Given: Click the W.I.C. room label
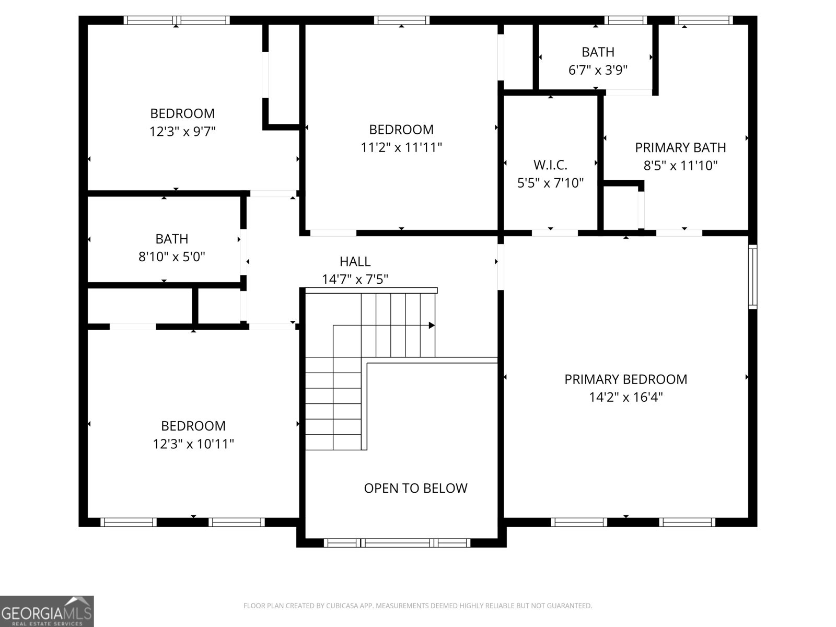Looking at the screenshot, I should [x=550, y=165].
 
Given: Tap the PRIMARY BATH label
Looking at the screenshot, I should [x=680, y=147].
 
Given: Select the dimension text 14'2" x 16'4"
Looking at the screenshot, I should [x=625, y=397].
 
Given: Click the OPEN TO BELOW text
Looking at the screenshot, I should [x=415, y=488].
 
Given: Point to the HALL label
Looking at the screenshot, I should [x=355, y=261].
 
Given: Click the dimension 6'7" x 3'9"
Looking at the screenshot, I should [x=598, y=69].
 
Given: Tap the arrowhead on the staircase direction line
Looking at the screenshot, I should [x=432, y=326].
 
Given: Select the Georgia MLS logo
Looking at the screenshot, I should [x=47, y=611].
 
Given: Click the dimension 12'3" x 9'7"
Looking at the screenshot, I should [x=182, y=131].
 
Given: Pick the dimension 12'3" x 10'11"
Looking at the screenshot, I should [x=193, y=444].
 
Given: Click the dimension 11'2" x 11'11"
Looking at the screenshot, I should [x=401, y=147].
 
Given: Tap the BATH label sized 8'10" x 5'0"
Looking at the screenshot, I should [x=171, y=239].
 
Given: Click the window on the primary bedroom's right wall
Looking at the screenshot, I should [x=752, y=276].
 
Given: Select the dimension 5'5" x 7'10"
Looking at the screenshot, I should [x=550, y=183].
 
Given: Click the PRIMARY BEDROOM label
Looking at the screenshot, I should [x=625, y=379].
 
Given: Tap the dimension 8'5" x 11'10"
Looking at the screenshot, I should [x=680, y=166].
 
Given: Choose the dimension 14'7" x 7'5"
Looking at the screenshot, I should [x=355, y=280].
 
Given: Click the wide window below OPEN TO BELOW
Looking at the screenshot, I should [x=397, y=543].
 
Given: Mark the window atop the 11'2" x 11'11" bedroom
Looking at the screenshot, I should [x=402, y=20].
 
